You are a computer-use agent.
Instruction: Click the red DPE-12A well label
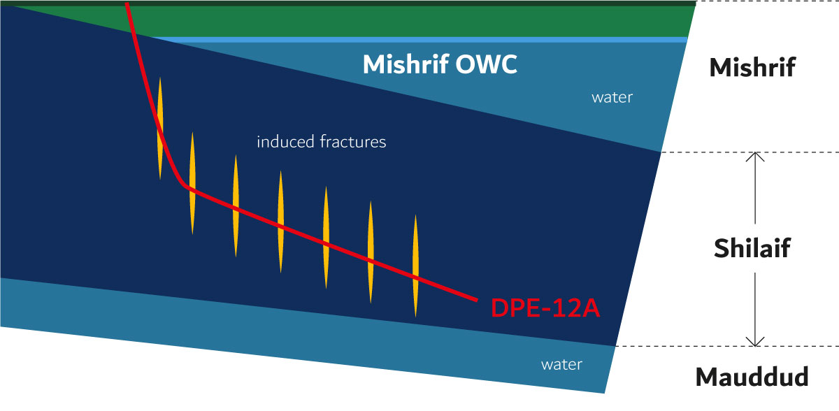pos(545,308)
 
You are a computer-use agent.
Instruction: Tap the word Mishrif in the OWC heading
pos(406,64)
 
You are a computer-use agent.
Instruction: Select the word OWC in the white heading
pos(487,64)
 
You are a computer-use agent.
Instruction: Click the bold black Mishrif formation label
pos(752,67)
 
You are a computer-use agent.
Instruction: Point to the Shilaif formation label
pos(752,248)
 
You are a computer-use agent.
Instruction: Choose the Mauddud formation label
pos(752,377)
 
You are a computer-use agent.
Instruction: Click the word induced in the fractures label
pos(285,141)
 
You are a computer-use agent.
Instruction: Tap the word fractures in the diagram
pos(353,141)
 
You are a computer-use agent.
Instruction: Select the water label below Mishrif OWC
pos(612,98)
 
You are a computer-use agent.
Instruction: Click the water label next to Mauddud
pos(561,365)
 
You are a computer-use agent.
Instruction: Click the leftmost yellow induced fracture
pos(160,129)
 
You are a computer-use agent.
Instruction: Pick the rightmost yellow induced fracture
pos(415,266)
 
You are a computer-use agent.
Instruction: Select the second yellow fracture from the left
pos(192,183)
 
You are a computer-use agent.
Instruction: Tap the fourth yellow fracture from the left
pos(280,222)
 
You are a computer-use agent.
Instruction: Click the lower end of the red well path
pos(477,300)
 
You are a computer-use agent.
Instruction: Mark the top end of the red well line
pos(127,3)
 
